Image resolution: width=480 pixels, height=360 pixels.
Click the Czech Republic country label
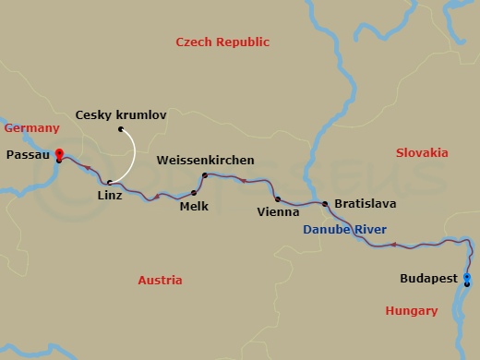tap(222, 42)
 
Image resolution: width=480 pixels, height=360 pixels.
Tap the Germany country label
tap(31, 128)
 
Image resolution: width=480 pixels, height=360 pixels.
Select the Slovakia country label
tap(421, 152)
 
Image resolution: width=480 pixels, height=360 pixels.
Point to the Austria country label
tap(159, 280)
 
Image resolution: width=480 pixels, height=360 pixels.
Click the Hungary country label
tap(412, 311)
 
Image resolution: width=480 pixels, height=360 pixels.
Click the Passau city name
tap(28, 156)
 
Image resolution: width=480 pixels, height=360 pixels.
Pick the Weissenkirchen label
tap(205, 161)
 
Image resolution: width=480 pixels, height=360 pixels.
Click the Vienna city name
tap(278, 210)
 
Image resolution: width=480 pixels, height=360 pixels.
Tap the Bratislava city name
tap(366, 202)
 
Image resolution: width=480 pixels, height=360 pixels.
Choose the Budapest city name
tap(429, 276)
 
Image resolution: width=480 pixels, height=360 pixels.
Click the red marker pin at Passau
tap(58, 153)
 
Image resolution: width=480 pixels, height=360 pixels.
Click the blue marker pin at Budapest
tap(466, 277)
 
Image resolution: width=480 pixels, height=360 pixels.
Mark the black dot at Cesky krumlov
tap(121, 129)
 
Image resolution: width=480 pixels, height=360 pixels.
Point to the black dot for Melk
tap(194, 193)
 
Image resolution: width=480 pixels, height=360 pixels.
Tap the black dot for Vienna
tap(277, 198)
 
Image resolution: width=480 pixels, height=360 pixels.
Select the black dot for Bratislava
tap(325, 203)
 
